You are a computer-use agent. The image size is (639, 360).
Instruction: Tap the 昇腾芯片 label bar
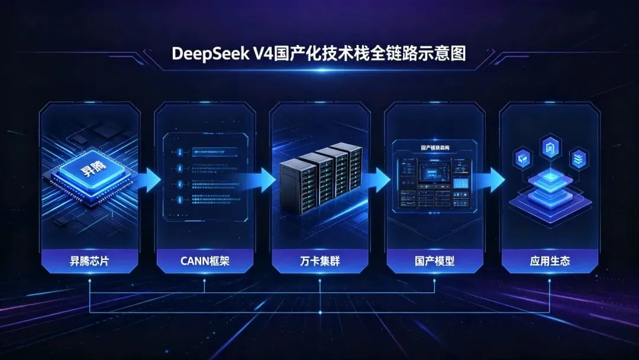[89, 261]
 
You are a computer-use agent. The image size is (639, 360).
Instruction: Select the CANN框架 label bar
[204, 261]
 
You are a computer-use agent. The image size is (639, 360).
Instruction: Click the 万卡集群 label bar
[319, 261]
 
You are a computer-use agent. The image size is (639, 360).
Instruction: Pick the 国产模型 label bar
[434, 261]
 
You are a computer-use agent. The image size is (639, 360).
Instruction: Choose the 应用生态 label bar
[550, 261]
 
